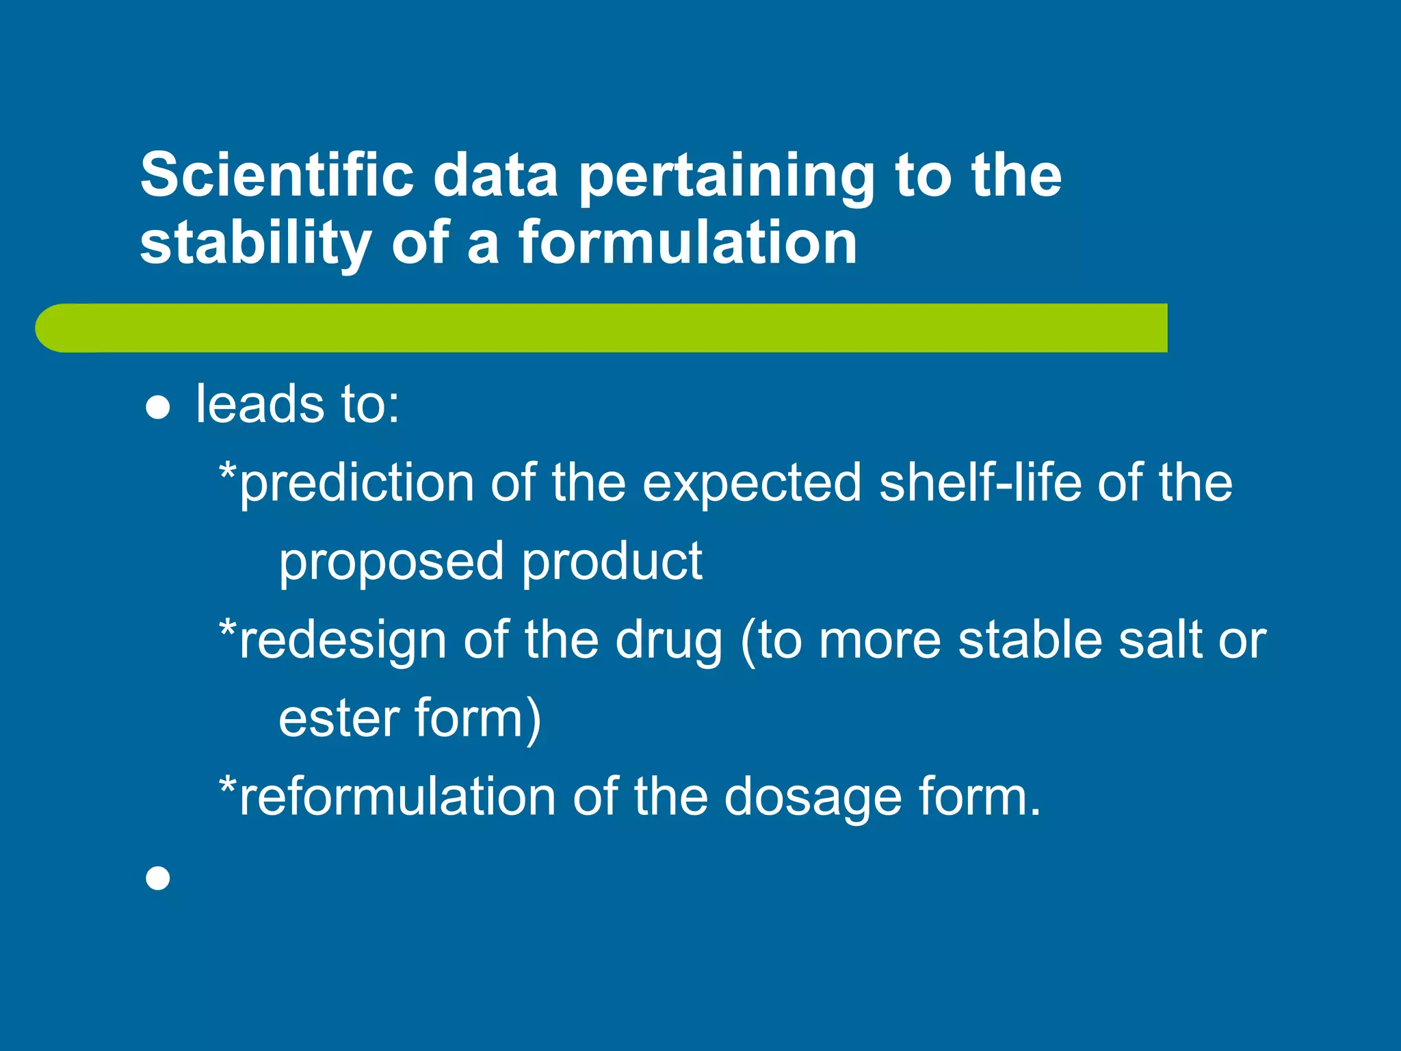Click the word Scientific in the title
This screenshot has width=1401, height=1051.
coord(277,175)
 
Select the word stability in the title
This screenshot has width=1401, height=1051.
coord(257,244)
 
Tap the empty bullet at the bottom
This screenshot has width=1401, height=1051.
coord(158,878)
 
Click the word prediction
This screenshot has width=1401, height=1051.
coord(356,483)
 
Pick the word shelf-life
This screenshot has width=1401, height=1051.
coord(980,483)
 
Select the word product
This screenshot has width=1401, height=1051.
coord(612,562)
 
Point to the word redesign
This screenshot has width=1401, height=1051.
coord(343,640)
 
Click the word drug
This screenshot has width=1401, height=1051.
coord(668,640)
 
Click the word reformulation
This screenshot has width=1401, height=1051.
coord(397,797)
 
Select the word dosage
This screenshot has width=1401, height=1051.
coord(813,799)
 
